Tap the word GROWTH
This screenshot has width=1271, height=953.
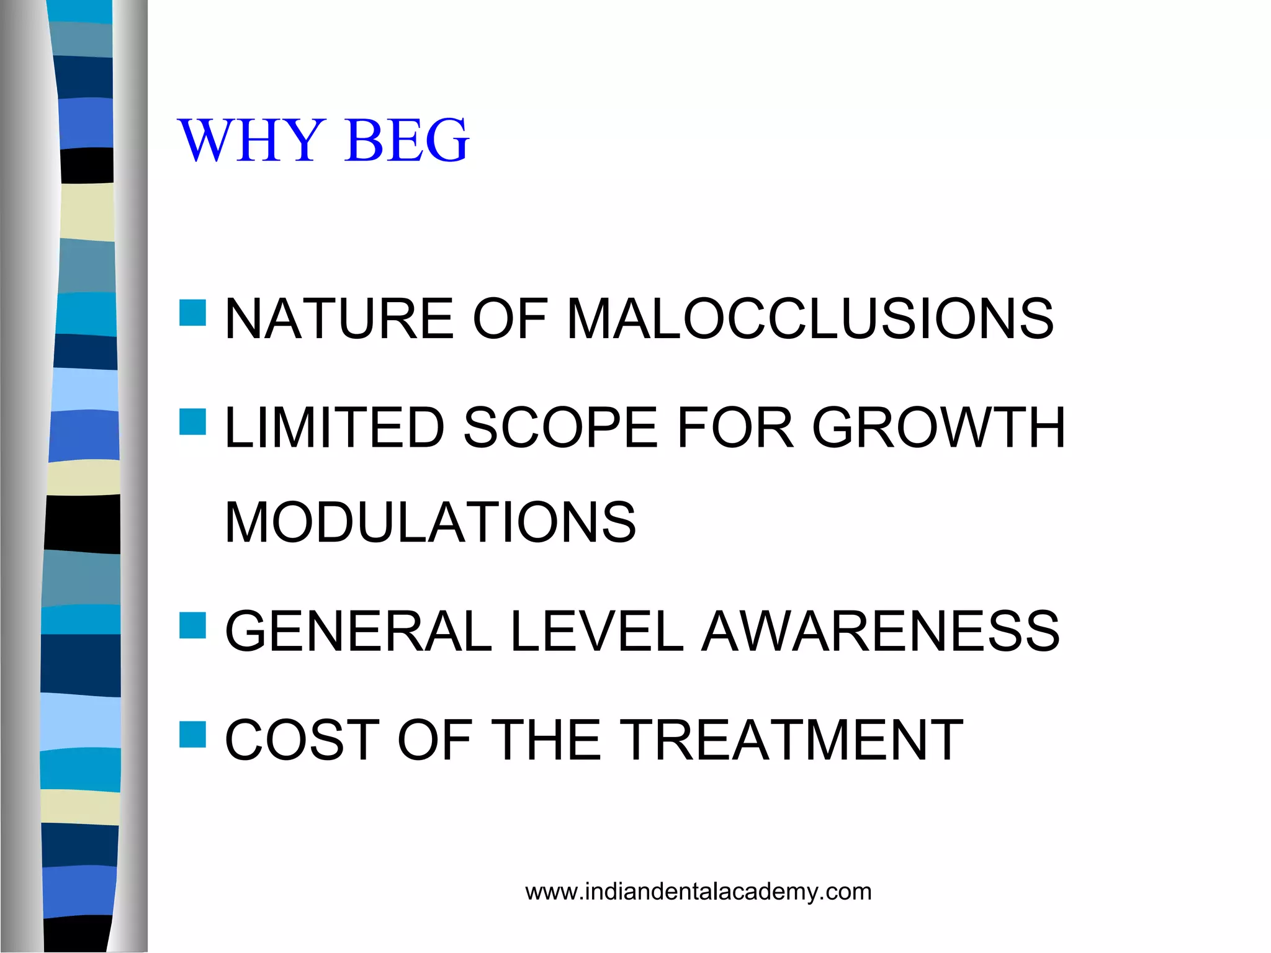coord(938,427)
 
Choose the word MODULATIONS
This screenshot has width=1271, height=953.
coord(430,522)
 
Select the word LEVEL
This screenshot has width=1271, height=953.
coord(596,631)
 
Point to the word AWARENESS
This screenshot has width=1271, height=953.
coord(881,631)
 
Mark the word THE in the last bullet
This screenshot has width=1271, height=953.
coord(549,740)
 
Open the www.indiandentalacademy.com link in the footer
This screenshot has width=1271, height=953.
coord(698,892)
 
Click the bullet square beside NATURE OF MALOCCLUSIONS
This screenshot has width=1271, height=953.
coord(192,313)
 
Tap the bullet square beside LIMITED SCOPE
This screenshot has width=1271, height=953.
coord(192,422)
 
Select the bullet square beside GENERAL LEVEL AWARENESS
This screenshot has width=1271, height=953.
coord(192,625)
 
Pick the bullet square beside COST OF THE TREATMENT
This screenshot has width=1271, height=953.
coord(192,734)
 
